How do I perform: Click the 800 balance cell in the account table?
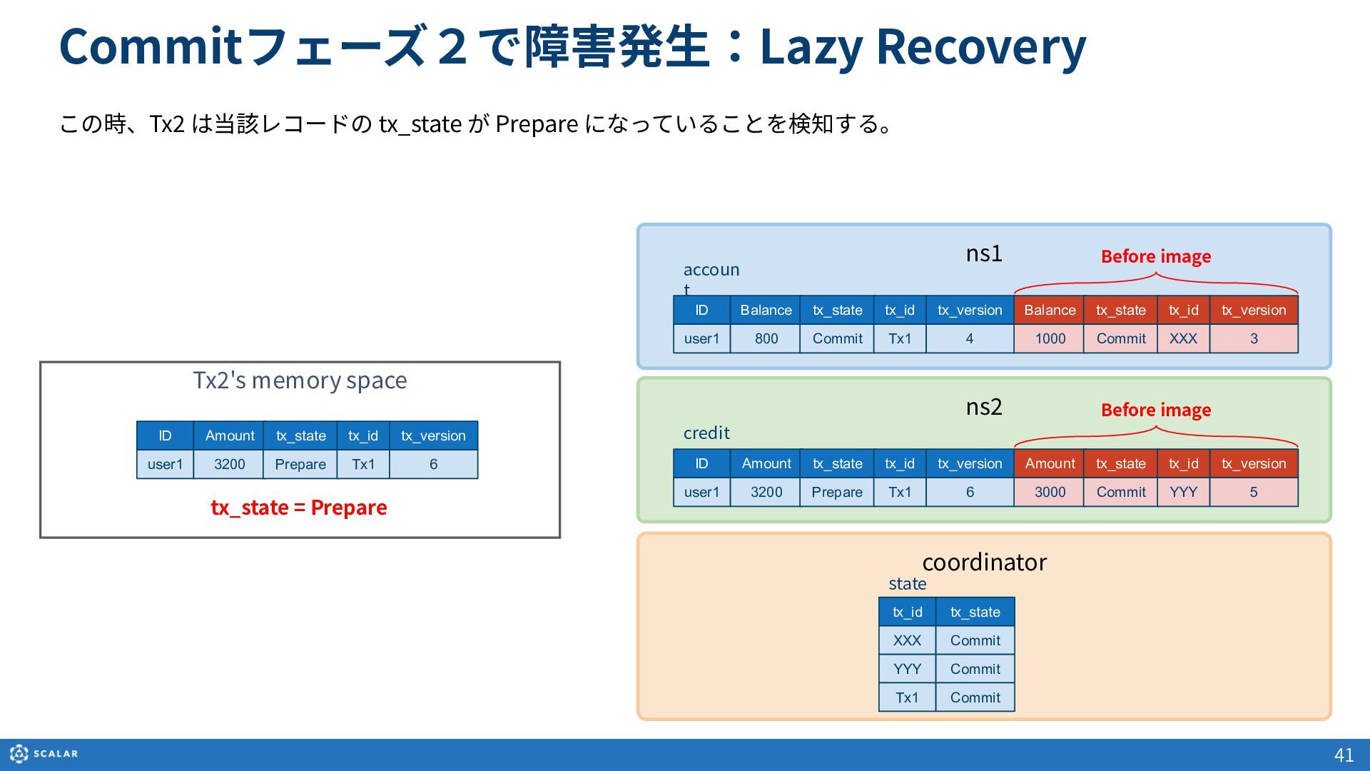tap(766, 338)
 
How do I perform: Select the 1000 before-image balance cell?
tap(1050, 338)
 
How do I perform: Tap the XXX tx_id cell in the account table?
tap(1183, 338)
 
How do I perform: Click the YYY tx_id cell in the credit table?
tap(1183, 492)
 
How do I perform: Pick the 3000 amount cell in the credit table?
tap(1050, 492)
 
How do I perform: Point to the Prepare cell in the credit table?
tap(837, 492)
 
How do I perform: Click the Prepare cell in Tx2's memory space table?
tap(300, 464)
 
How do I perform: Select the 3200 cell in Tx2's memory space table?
tap(229, 464)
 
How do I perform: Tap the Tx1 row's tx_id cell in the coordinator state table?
tap(907, 697)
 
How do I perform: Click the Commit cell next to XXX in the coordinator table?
tap(975, 640)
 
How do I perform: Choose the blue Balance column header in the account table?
tap(766, 310)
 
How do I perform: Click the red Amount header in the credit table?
tap(1050, 463)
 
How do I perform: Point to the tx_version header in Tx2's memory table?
tap(433, 435)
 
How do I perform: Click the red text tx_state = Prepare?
tap(299, 508)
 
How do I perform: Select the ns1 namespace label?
tap(984, 253)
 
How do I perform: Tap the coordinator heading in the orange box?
tap(985, 562)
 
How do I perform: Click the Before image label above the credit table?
tap(1156, 410)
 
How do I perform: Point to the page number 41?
tap(1344, 755)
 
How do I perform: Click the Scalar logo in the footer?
tap(44, 754)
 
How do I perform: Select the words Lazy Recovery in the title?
tap(923, 46)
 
